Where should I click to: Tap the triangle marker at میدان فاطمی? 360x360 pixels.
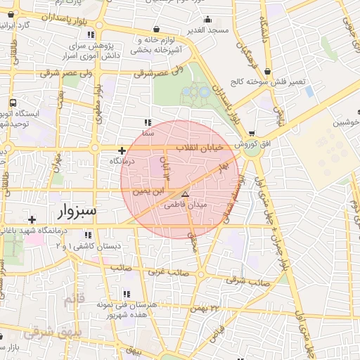pos(185,193)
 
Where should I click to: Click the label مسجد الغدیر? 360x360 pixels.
pos(191,31)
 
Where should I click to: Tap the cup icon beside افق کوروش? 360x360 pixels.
pos(252,134)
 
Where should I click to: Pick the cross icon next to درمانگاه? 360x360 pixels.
pos(122,150)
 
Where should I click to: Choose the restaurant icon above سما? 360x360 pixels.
pos(147,122)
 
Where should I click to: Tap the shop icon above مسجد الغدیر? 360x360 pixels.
pos(155,30)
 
